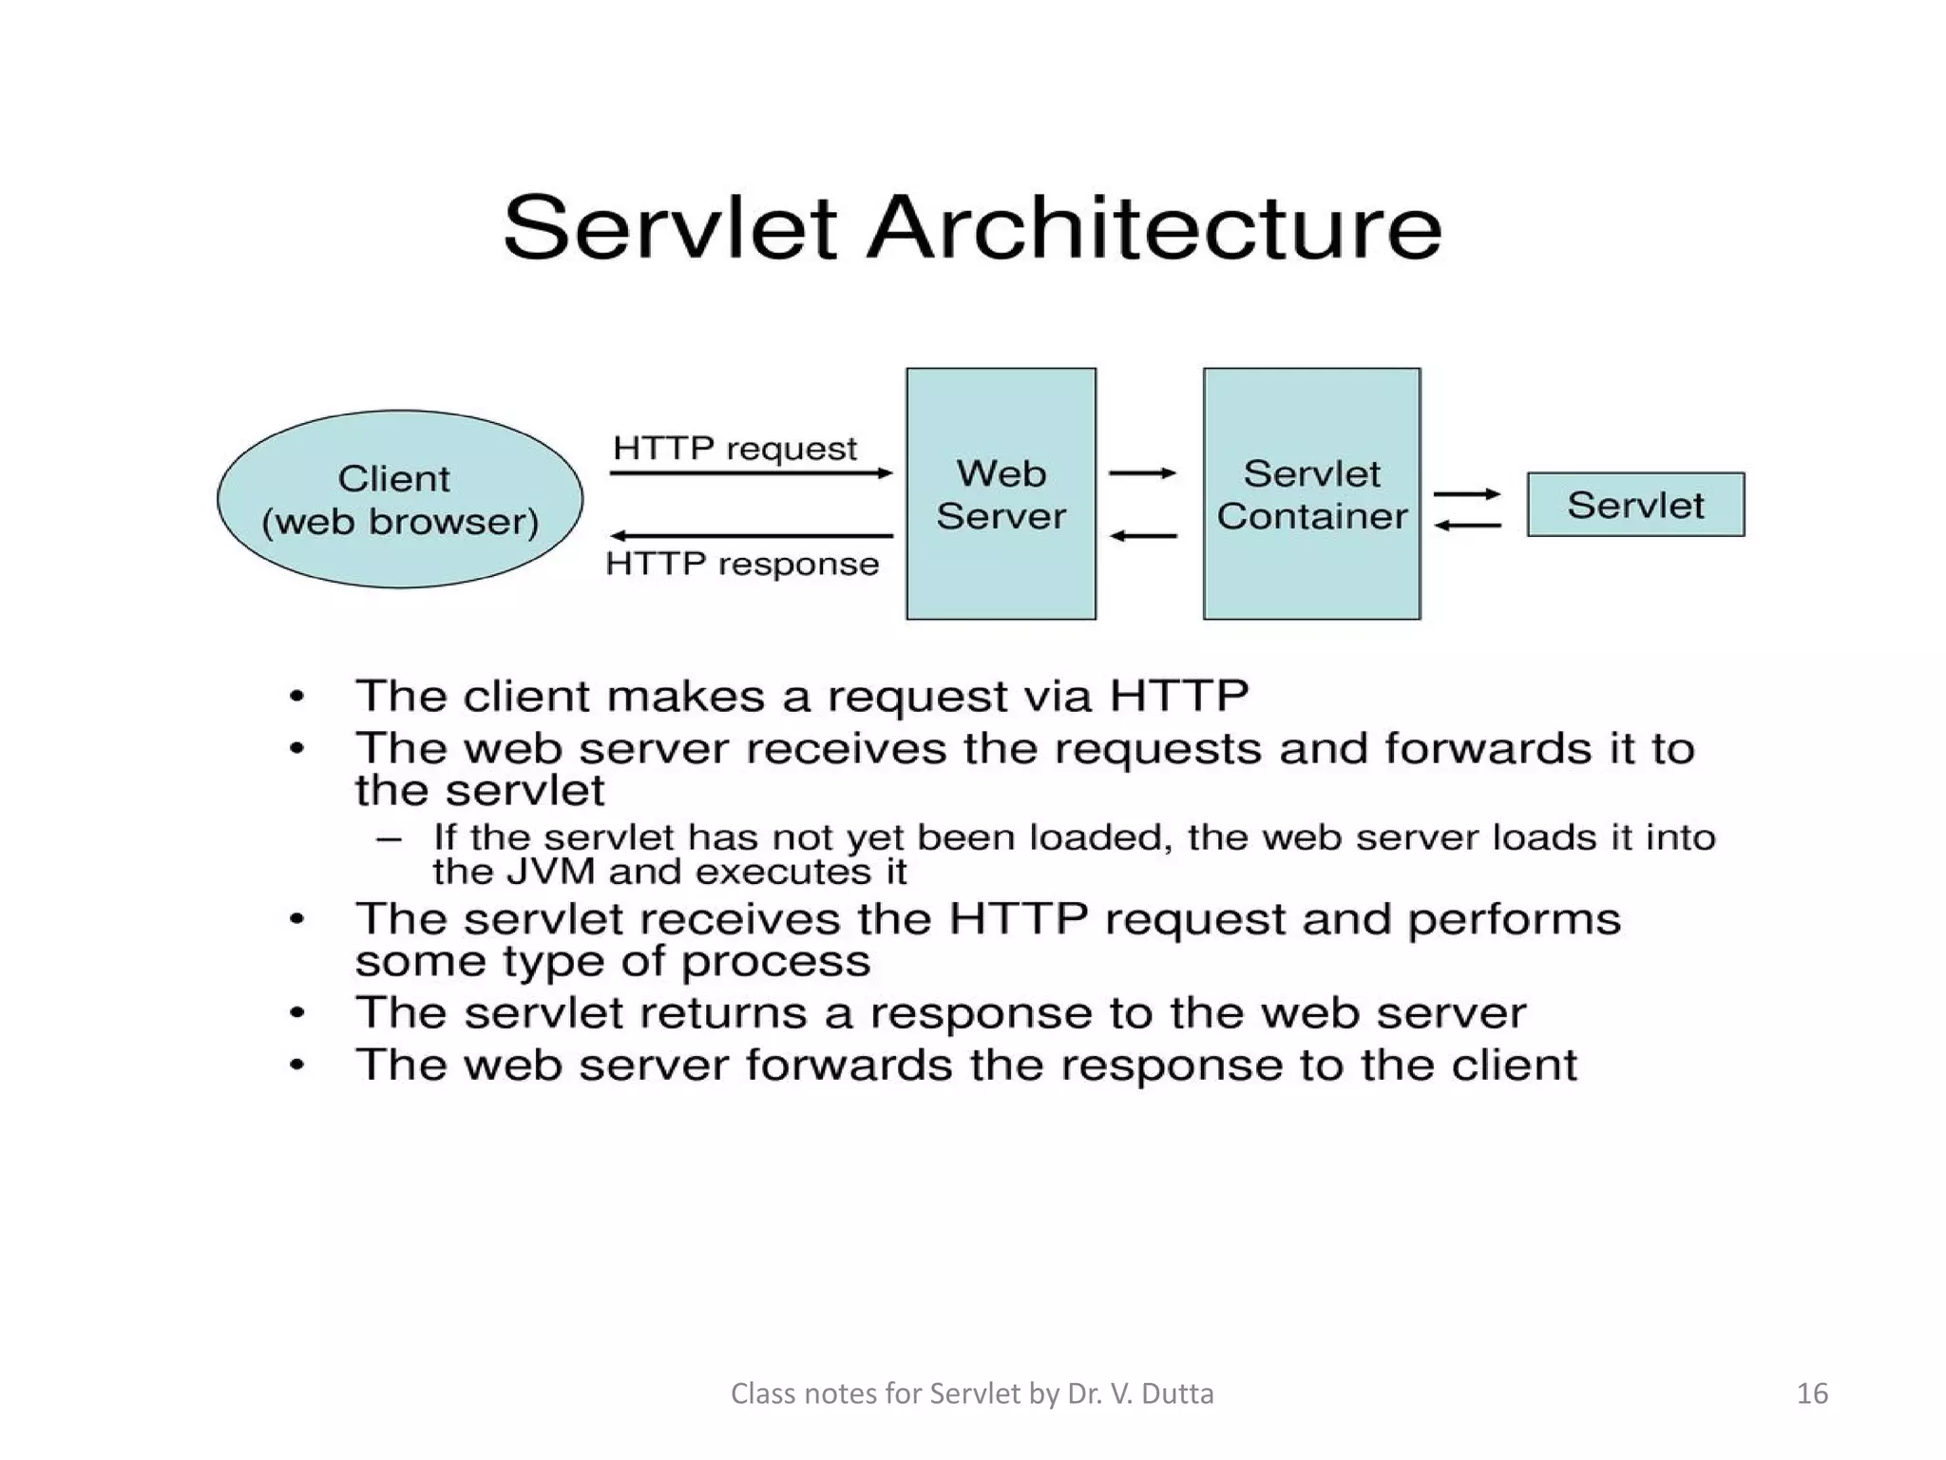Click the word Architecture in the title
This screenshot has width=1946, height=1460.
pyautogui.click(x=1154, y=228)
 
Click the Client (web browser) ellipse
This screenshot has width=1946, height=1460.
pyautogui.click(x=399, y=499)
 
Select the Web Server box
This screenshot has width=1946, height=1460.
pyautogui.click(x=1001, y=494)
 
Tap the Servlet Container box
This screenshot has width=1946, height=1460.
pyautogui.click(x=1311, y=494)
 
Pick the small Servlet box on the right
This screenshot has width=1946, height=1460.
pyautogui.click(x=1635, y=505)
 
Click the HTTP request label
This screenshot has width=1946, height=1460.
pyautogui.click(x=735, y=448)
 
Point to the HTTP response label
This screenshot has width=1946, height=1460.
pyautogui.click(x=742, y=564)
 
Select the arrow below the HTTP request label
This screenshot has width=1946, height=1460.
pyautogui.click(x=751, y=472)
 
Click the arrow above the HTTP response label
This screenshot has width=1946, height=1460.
pyautogui.click(x=751, y=536)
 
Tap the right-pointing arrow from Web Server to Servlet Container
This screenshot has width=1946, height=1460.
pyautogui.click(x=1143, y=472)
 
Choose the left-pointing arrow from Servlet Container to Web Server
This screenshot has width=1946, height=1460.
pyautogui.click(x=1143, y=536)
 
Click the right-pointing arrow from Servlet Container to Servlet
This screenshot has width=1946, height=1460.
pyautogui.click(x=1467, y=493)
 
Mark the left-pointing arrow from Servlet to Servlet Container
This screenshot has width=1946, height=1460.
pyautogui.click(x=1467, y=525)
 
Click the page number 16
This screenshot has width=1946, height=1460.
pyautogui.click(x=1812, y=1393)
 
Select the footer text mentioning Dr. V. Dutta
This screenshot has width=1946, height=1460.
pyautogui.click(x=972, y=1393)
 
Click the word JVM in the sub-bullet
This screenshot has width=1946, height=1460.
pyautogui.click(x=551, y=872)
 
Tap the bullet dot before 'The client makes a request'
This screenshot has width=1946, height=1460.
pyautogui.click(x=297, y=697)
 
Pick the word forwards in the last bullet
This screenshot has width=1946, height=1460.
pyautogui.click(x=849, y=1065)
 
